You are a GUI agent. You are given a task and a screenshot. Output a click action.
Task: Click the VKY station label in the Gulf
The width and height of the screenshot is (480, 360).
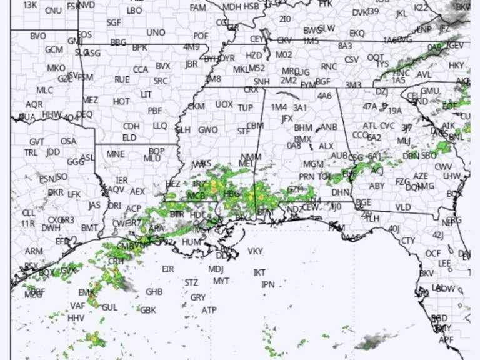click(255, 251)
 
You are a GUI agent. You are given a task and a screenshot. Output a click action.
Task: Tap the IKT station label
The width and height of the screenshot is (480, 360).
click(259, 272)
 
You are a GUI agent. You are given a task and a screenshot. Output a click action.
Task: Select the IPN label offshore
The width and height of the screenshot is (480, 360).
click(268, 284)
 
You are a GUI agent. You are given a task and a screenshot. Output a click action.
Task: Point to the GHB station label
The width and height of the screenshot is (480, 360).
click(154, 292)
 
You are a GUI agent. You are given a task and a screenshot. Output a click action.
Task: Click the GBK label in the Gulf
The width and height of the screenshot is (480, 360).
click(148, 309)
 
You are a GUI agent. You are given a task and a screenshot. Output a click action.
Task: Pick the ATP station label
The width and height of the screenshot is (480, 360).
click(209, 310)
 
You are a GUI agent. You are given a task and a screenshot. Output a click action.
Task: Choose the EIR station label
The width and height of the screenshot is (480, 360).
click(167, 269)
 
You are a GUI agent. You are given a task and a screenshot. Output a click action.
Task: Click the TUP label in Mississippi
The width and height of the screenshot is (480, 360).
click(246, 107)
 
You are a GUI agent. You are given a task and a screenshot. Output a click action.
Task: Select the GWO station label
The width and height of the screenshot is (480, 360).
click(208, 130)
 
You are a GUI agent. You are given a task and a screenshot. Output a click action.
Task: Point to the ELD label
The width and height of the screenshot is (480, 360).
click(129, 137)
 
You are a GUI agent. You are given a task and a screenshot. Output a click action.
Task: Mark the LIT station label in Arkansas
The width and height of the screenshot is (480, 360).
click(146, 94)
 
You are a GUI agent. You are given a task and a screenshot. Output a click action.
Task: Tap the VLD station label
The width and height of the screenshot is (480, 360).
click(403, 207)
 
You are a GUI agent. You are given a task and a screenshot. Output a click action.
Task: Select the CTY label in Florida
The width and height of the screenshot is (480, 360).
click(408, 241)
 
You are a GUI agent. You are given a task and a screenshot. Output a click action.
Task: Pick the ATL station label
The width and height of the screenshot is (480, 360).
click(370, 125)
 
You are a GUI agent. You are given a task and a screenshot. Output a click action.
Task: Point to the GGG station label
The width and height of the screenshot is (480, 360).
click(76, 161)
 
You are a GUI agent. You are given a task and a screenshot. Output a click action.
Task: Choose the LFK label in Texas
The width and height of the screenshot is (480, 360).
click(74, 194)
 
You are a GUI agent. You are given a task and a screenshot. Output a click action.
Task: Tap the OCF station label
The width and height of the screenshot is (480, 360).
click(433, 253)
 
